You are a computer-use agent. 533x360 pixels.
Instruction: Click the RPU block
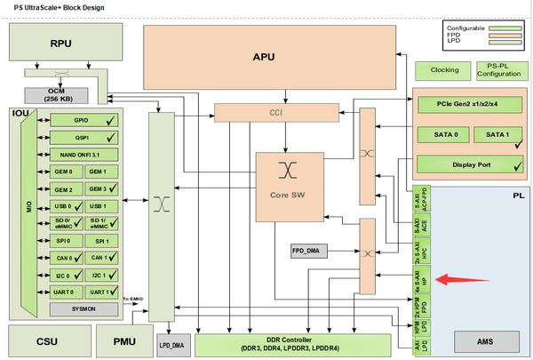(x=60, y=43)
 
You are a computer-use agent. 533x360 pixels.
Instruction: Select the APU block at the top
(x=264, y=56)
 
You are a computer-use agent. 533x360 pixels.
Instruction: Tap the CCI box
(x=275, y=113)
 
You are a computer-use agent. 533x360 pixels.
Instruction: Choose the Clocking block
(x=444, y=69)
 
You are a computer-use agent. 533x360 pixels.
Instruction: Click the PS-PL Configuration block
(x=500, y=69)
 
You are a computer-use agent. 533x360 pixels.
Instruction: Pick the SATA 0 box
(x=443, y=134)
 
